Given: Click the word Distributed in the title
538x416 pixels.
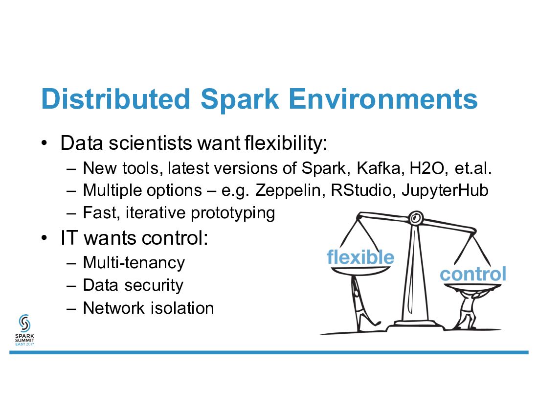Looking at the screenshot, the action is (115, 99).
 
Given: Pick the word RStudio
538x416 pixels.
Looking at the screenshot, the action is (361, 190).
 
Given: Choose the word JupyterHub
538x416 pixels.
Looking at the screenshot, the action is (445, 190).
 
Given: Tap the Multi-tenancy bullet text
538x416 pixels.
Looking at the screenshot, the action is (134, 263).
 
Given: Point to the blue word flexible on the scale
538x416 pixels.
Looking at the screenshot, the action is (360, 257).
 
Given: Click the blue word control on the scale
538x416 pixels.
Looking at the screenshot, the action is (472, 274).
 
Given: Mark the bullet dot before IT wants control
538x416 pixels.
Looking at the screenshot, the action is (44, 238).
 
